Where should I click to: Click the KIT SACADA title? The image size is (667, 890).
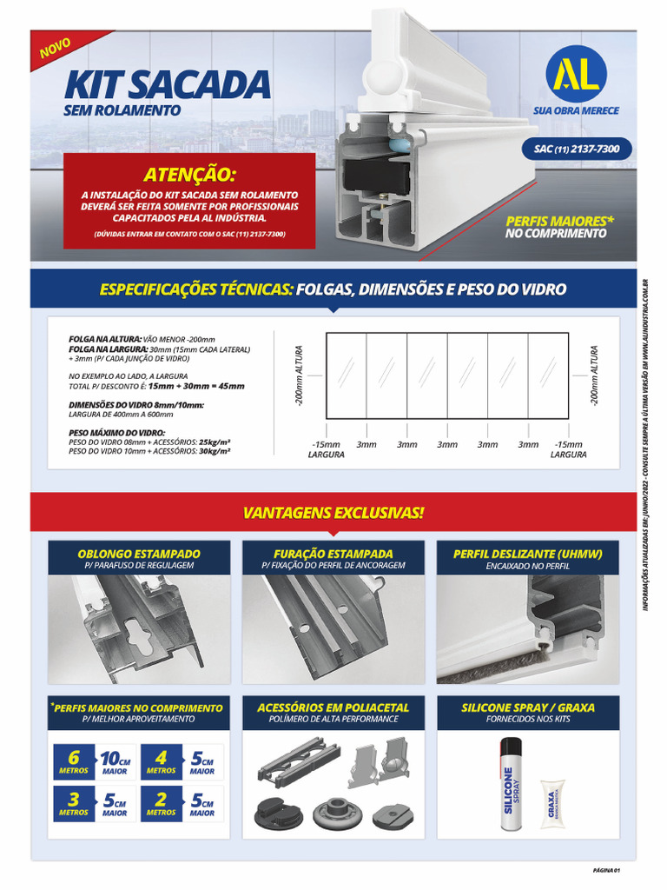pyautogui.click(x=167, y=84)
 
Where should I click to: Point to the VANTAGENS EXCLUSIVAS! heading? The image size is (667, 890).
pyautogui.click(x=333, y=513)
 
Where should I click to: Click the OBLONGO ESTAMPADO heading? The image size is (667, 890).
pyautogui.click(x=139, y=554)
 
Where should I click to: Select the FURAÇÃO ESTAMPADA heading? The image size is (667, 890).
pyautogui.click(x=333, y=554)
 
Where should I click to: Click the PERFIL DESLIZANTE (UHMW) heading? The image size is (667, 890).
pyautogui.click(x=527, y=554)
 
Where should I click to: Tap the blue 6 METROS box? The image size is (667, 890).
pyautogui.click(x=74, y=761)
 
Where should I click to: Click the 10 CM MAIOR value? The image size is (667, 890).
pyautogui.click(x=115, y=761)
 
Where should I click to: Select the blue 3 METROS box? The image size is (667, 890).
pyautogui.click(x=74, y=804)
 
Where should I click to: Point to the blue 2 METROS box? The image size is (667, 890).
pyautogui.click(x=161, y=804)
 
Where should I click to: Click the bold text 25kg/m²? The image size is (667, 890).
pyautogui.click(x=215, y=442)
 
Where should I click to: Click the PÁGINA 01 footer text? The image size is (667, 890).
pyautogui.click(x=604, y=869)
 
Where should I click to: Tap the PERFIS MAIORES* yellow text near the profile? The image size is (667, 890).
pyautogui.click(x=559, y=221)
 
